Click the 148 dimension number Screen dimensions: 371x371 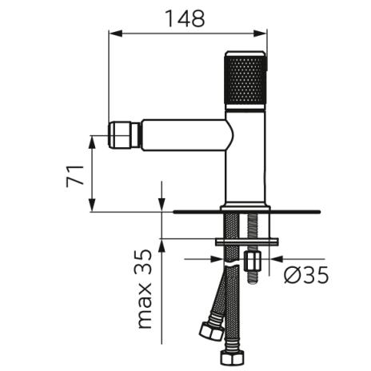[x=185, y=19]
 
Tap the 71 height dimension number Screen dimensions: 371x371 [x=75, y=176]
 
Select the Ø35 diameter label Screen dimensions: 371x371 [x=306, y=275]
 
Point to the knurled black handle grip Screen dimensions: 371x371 [x=245, y=80]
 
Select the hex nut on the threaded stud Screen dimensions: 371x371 [x=252, y=261]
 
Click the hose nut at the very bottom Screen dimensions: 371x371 [x=232, y=358]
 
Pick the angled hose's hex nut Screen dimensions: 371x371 [x=211, y=330]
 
